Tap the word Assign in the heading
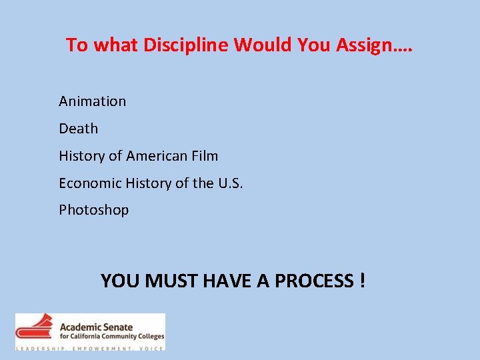369,45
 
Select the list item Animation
92,101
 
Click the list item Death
78,129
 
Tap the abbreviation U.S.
231,183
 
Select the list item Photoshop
93,210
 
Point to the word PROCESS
314,281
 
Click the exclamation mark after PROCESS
361,281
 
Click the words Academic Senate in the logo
96,327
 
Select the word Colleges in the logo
149,337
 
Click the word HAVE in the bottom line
226,281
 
